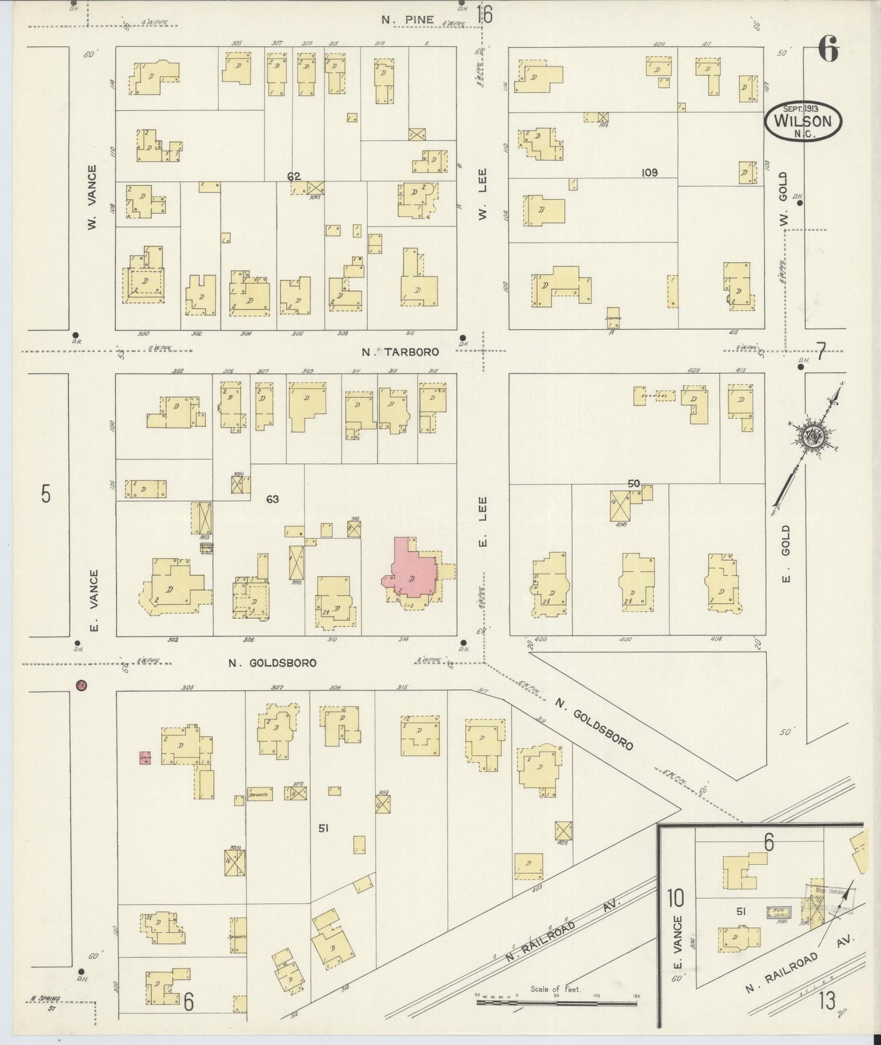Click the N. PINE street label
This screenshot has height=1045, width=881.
pos(408,20)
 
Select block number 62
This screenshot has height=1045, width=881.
pos(294,177)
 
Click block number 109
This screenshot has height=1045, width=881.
pos(649,173)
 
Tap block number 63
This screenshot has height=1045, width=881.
pos(272,499)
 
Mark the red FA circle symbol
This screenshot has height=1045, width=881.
pos(80,685)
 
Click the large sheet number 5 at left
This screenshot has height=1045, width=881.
pos(46,493)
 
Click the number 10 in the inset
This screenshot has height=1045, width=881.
pos(675,898)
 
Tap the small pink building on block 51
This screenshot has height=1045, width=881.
pos(145,758)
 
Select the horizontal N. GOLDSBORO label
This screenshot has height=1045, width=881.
pos(273,663)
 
